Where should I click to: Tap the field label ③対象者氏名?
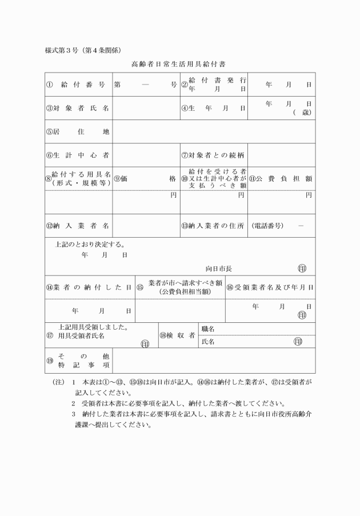[x=78, y=108]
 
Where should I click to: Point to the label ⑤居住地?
[x=78, y=132]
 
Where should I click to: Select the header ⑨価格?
[x=146, y=178]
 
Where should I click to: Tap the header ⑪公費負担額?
[x=281, y=178]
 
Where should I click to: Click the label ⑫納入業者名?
[x=78, y=225]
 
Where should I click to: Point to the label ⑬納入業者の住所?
[x=213, y=225]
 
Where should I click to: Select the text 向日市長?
[x=219, y=268]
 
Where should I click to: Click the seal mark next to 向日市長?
[x=302, y=268]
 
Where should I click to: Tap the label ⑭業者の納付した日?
[x=89, y=287]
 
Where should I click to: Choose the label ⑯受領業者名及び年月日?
[x=270, y=287]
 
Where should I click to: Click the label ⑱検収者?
[x=178, y=335]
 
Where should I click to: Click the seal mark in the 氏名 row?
[x=297, y=342]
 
